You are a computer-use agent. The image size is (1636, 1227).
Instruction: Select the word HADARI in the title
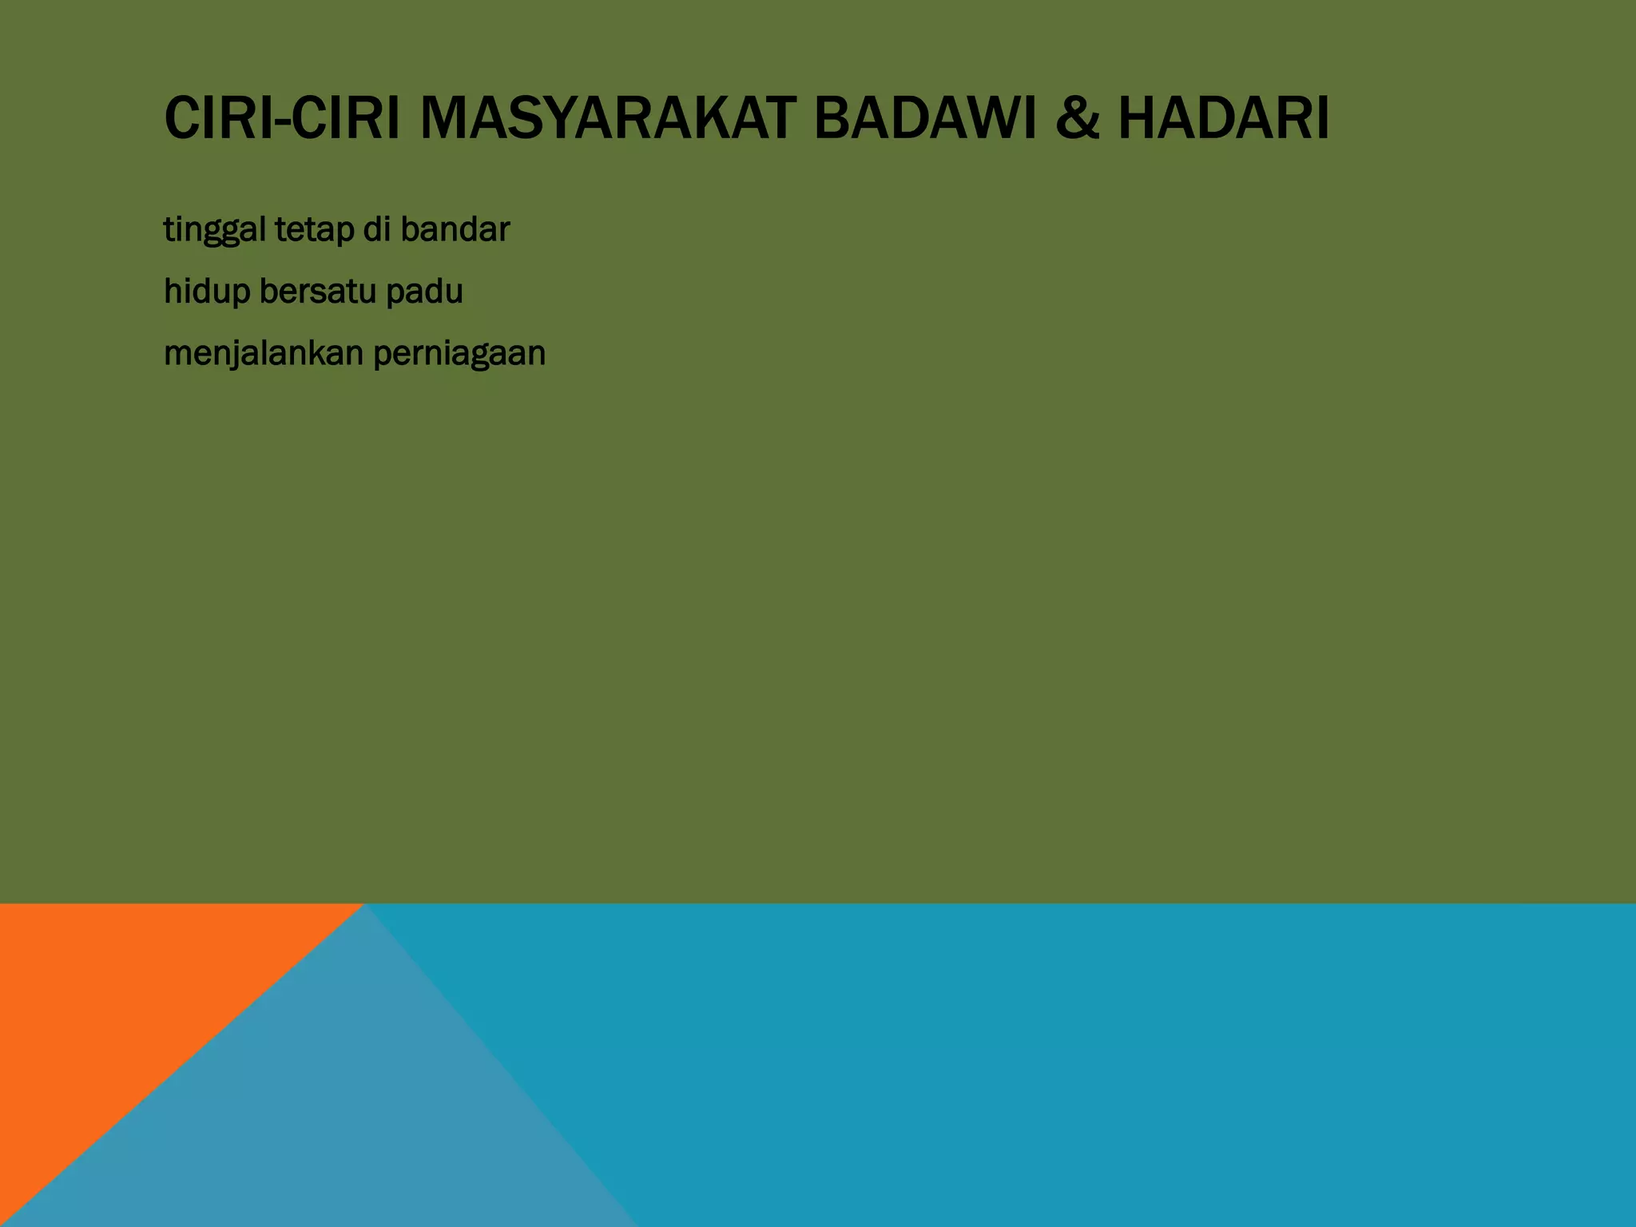pos(1223,118)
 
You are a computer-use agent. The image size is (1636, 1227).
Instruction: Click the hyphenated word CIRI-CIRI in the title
pos(282,118)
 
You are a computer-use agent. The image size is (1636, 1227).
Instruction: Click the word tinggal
pos(214,231)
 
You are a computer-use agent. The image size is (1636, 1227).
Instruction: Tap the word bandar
pos(455,229)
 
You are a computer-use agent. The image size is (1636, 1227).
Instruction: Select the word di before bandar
pos(376,229)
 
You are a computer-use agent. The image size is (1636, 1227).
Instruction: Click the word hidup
pos(207,292)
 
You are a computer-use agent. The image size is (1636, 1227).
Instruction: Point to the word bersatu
pos(318,292)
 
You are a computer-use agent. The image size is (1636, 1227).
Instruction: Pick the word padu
pos(424,292)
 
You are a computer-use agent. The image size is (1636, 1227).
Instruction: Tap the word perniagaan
pos(459,354)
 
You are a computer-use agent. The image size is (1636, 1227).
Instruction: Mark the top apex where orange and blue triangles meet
pos(365,905)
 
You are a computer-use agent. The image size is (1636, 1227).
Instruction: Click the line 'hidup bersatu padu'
pos(313,292)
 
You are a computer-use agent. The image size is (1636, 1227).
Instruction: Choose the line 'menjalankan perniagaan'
pos(355,354)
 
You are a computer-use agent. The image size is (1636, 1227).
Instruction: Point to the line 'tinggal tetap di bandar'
pos(336,230)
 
